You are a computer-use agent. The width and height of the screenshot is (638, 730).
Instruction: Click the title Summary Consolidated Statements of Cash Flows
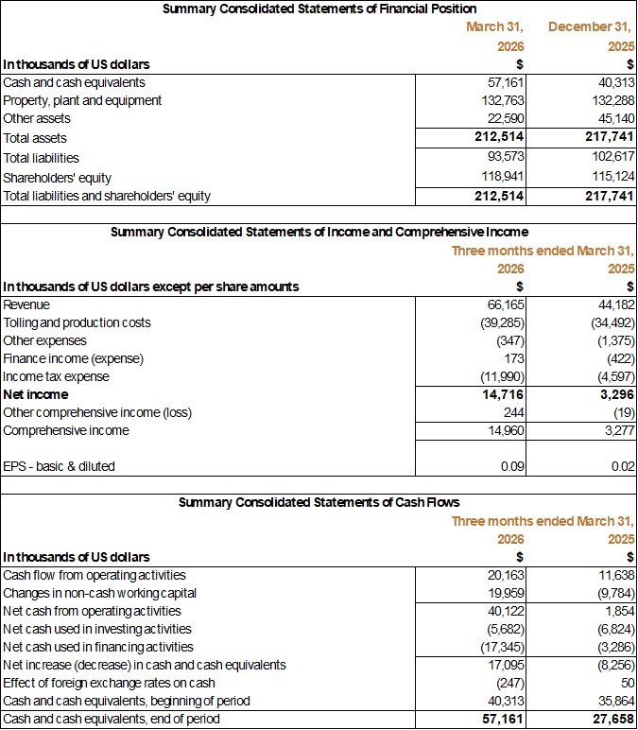(319, 502)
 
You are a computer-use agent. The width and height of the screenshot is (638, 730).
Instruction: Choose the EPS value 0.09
(511, 466)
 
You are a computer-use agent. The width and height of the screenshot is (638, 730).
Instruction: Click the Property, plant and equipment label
(82, 100)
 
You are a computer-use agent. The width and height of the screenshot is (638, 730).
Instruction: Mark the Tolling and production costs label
(77, 322)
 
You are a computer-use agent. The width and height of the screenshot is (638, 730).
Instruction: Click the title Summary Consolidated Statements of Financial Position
(319, 9)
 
